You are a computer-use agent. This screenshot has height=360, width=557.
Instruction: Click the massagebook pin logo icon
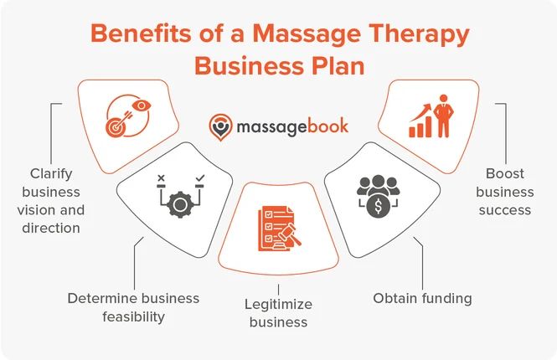tap(220, 127)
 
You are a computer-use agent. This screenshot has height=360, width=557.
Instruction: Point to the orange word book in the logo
tap(327, 126)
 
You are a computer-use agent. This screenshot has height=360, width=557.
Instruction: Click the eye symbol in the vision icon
tap(142, 105)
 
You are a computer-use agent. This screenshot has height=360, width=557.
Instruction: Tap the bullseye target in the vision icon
tap(115, 127)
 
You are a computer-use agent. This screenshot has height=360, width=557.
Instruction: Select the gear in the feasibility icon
tap(180, 203)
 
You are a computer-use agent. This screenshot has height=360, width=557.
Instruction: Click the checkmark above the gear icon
tap(200, 177)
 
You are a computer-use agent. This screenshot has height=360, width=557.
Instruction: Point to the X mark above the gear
tap(161, 177)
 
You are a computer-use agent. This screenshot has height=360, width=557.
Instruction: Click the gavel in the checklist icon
tap(288, 234)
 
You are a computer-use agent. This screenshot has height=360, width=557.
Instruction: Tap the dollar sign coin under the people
tap(379, 206)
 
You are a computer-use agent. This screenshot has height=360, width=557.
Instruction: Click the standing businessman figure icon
tap(443, 116)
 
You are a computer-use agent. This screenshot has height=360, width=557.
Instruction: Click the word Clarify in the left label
tap(51, 174)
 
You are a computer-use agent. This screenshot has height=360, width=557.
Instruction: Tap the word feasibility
tap(133, 316)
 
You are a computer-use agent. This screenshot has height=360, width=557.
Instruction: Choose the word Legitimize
tap(278, 304)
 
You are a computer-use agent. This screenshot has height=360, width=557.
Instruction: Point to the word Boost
tap(505, 173)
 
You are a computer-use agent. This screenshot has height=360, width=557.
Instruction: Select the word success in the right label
tap(505, 210)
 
